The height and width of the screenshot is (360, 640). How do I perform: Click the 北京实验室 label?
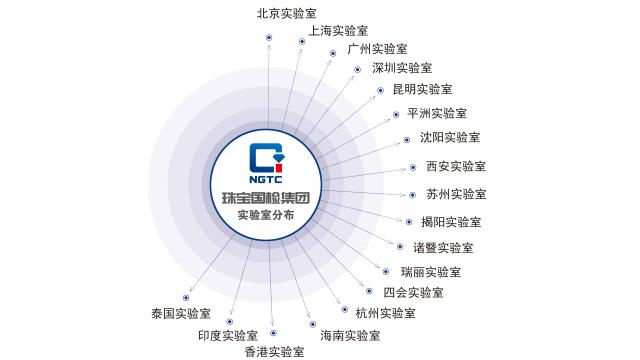coord(287,13)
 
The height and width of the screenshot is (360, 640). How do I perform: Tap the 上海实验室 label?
coord(338,31)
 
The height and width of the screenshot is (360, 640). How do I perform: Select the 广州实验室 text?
coord(378,49)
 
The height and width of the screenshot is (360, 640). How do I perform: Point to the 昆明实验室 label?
coord(422,89)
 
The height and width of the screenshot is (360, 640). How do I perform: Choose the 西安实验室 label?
coord(456,166)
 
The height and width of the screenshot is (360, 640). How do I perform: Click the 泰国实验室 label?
coord(181,313)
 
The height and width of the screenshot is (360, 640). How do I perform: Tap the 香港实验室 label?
coord(275,351)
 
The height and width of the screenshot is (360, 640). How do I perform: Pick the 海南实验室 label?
coord(350,336)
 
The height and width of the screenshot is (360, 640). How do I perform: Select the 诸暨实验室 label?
coord(443,248)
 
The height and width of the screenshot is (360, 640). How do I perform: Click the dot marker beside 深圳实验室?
coord(358,70)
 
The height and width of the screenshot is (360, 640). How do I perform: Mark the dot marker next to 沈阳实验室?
coord(407,140)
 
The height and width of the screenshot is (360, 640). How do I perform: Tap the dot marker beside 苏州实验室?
coord(413,195)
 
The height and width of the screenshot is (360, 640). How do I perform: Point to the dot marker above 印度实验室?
coord(230,322)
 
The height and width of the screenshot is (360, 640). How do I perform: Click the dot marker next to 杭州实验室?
coord(345,310)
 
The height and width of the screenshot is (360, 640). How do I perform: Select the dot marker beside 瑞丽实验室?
coord(386,271)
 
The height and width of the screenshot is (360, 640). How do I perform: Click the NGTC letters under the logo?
coord(266,179)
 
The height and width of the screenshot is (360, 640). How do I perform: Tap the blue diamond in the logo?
coord(279,158)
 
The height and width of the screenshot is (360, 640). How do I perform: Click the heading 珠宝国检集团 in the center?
coord(266,198)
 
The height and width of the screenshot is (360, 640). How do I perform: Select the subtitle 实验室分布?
coord(266,215)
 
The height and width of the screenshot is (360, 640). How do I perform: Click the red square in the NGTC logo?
coord(279,167)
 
